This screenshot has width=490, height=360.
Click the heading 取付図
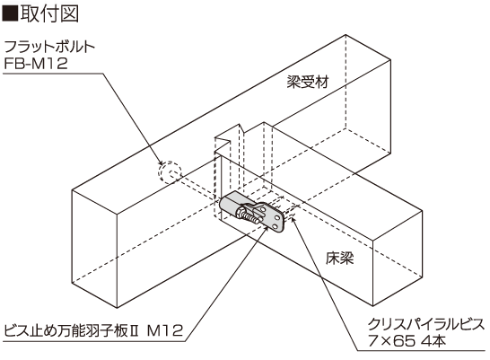tap(49, 13)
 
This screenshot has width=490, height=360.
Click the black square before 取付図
tap(10, 13)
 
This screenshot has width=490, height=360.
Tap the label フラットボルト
tap(49, 47)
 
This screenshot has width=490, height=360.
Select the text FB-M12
tap(36, 64)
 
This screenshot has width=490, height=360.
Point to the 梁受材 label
tap(308, 83)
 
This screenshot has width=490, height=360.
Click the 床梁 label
tap(340, 259)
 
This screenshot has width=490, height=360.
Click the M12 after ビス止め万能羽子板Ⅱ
tap(165, 330)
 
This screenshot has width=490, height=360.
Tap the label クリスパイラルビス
tap(426, 325)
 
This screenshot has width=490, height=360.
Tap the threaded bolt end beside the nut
tap(252, 218)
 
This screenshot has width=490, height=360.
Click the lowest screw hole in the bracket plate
tap(275, 226)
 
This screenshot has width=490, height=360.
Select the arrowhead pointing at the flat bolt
tap(160, 162)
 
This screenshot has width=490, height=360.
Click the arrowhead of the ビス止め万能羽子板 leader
tap(266, 229)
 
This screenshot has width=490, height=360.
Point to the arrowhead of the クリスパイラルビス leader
tap(293, 220)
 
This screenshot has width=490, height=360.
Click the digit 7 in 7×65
tap(372, 341)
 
